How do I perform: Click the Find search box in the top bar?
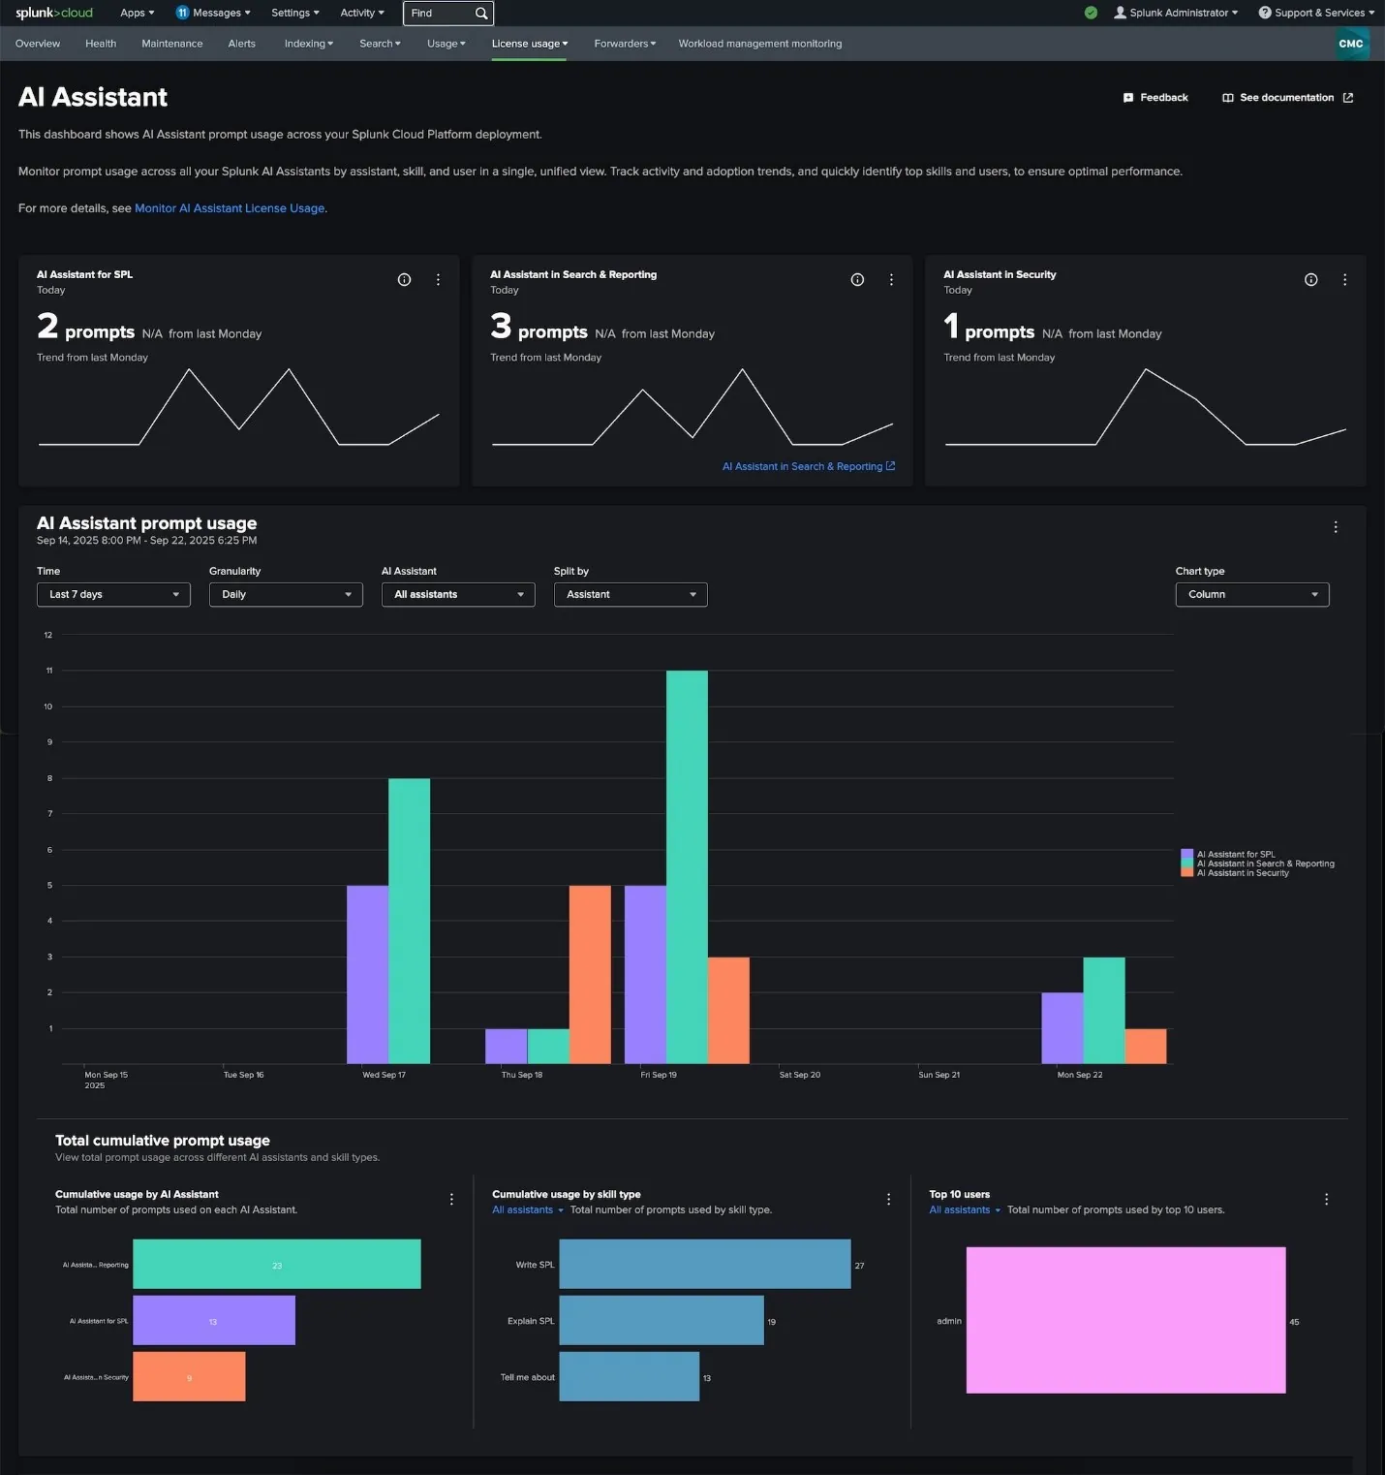tap(441, 14)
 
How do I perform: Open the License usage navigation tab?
tap(529, 44)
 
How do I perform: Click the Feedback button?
tap(1155, 98)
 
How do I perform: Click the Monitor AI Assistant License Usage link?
tap(230, 208)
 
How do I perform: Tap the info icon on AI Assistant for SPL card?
tap(404, 280)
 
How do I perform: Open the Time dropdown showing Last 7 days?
tap(113, 595)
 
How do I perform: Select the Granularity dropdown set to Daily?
tap(286, 595)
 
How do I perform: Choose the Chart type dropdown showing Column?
tap(1251, 595)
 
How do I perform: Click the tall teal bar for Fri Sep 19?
tap(687, 866)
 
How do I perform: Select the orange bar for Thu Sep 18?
tap(590, 974)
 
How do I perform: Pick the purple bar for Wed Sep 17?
tap(367, 974)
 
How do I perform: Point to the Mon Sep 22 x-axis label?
tap(1079, 1075)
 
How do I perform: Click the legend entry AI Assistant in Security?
tap(1242, 873)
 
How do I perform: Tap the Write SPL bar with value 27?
tap(704, 1265)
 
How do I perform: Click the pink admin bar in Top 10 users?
tap(1125, 1320)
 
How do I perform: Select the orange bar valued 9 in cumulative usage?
tap(189, 1377)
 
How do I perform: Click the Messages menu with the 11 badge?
tap(213, 14)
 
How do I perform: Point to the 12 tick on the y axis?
tap(48, 636)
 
